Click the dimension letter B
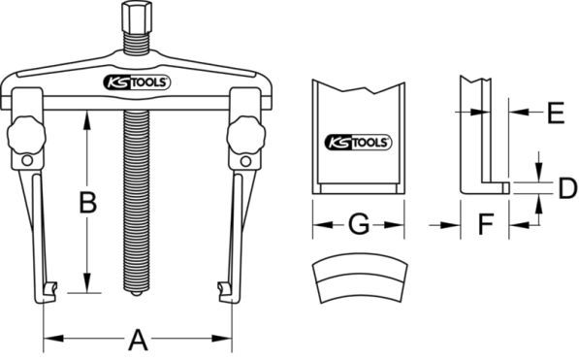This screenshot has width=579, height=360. coord(88,202)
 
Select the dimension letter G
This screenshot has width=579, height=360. coord(359,223)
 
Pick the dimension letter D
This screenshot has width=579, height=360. coord(568,188)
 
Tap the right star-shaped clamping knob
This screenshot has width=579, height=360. coord(246,136)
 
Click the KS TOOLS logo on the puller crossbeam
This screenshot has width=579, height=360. coord(137,82)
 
